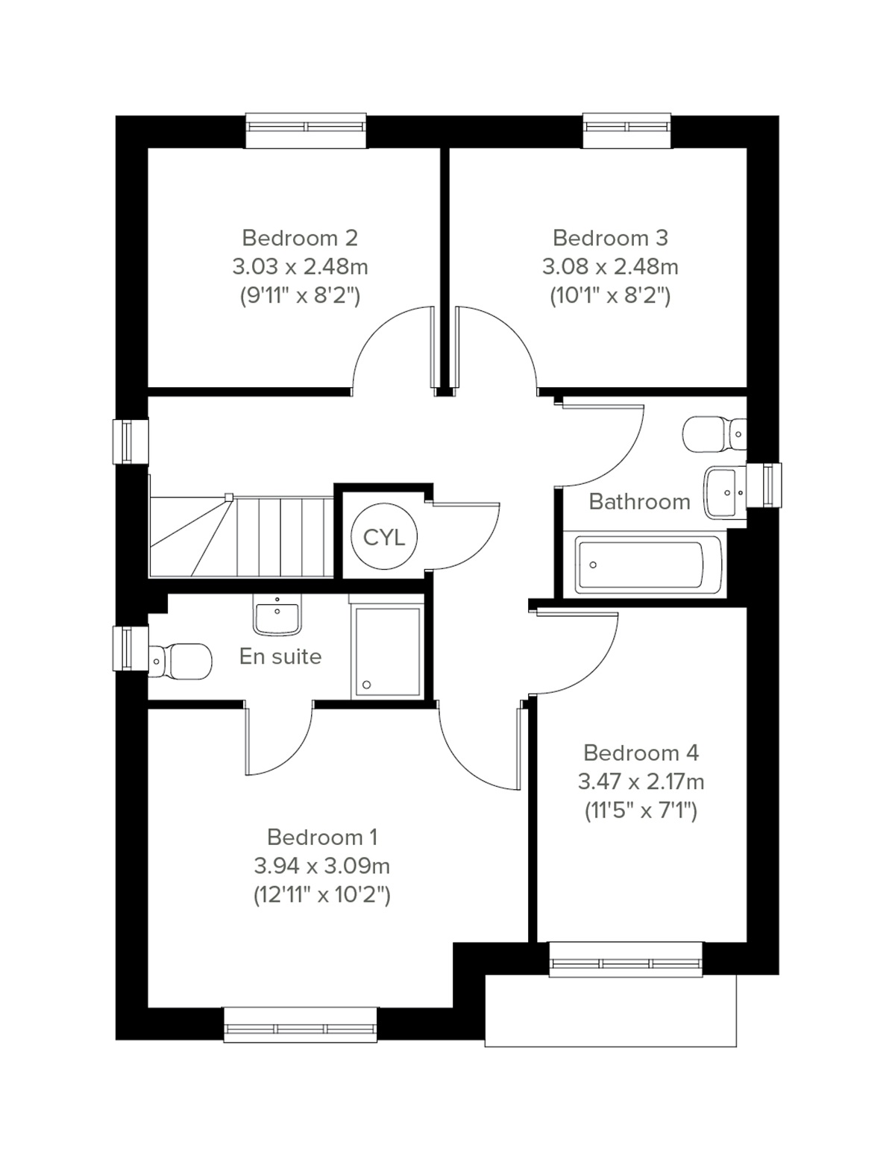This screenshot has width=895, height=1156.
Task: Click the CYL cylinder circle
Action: pyautogui.click(x=384, y=536)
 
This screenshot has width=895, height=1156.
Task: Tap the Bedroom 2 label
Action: pyautogui.click(x=300, y=238)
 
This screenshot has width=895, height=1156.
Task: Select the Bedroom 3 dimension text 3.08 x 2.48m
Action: pyautogui.click(x=611, y=266)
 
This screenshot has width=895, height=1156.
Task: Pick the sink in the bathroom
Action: pyautogui.click(x=723, y=491)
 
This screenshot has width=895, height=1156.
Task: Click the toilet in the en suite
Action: pyautogui.click(x=179, y=661)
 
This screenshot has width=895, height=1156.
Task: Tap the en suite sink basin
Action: pyautogui.click(x=277, y=616)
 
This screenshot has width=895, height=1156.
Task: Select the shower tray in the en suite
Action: pyautogui.click(x=386, y=651)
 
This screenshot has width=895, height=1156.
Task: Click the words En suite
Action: pyautogui.click(x=280, y=656)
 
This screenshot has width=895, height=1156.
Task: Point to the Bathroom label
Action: pyautogui.click(x=639, y=502)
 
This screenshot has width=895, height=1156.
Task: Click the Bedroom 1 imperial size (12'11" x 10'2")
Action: pyautogui.click(x=322, y=894)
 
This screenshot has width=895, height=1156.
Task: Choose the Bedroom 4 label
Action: pyautogui.click(x=641, y=753)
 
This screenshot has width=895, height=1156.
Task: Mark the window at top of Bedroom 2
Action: pyautogui.click(x=307, y=128)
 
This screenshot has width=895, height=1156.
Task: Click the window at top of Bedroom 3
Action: pyautogui.click(x=627, y=128)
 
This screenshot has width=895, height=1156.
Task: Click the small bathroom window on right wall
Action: pyautogui.click(x=768, y=484)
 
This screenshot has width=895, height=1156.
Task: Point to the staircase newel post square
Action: pyautogui.click(x=229, y=497)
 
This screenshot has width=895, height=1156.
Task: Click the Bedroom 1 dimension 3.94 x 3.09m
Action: pyautogui.click(x=322, y=866)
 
